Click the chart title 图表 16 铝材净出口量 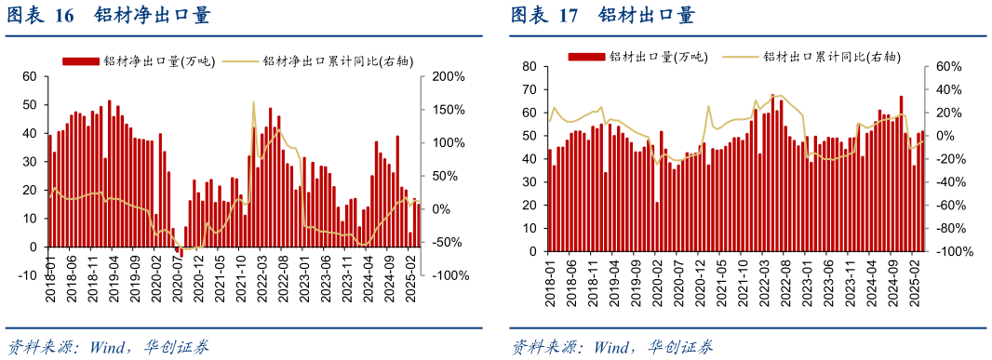109,16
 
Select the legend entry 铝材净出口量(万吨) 140,61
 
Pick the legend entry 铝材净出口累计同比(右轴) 329,61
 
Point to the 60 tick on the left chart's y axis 29,76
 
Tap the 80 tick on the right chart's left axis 530,67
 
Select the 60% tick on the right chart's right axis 947,67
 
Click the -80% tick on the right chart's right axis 950,228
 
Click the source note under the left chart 108,347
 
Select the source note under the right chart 612,348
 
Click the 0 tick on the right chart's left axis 533,251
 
